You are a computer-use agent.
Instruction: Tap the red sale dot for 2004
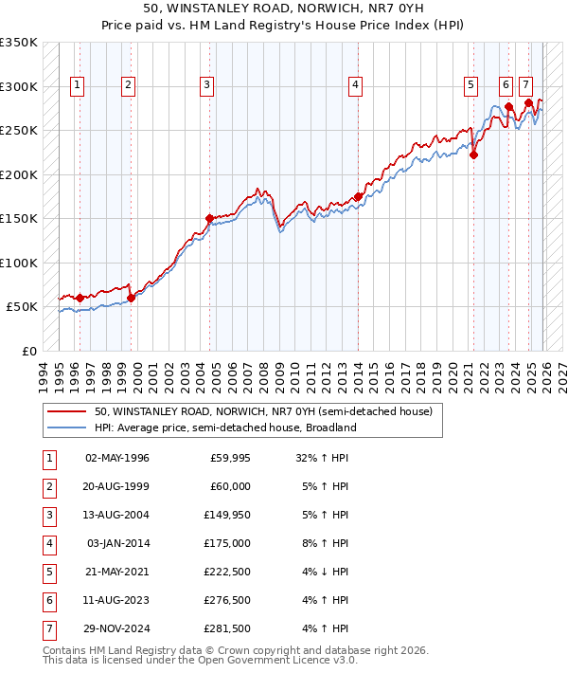209,218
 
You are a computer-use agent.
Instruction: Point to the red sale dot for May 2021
473,155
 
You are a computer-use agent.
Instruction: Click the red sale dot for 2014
358,197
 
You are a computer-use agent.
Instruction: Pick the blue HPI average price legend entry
224,427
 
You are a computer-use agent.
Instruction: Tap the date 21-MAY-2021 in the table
117,572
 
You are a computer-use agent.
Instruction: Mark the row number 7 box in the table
48,628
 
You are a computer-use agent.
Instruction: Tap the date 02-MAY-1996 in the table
117,458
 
